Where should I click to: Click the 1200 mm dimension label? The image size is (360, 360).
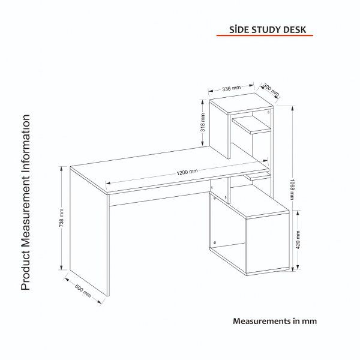click(187, 172)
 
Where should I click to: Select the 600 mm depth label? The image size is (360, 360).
click(83, 290)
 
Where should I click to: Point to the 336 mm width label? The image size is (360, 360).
click(231, 88)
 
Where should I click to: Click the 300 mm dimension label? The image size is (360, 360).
click(271, 90)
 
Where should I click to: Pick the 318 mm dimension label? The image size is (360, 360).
click(203, 122)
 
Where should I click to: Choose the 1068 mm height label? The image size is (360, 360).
click(292, 190)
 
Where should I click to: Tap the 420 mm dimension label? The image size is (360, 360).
click(298, 239)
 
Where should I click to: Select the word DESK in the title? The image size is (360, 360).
click(295, 30)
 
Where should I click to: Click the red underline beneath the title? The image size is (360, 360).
click(265, 35)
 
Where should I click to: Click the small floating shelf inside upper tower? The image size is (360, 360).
click(251, 124)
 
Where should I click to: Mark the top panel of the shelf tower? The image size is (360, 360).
click(241, 104)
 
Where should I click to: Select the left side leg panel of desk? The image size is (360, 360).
click(89, 232)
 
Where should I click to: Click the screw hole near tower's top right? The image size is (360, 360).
click(269, 112)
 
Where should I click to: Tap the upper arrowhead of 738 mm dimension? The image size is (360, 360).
click(61, 169)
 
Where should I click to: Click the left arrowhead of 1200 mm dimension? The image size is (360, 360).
click(107, 183)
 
